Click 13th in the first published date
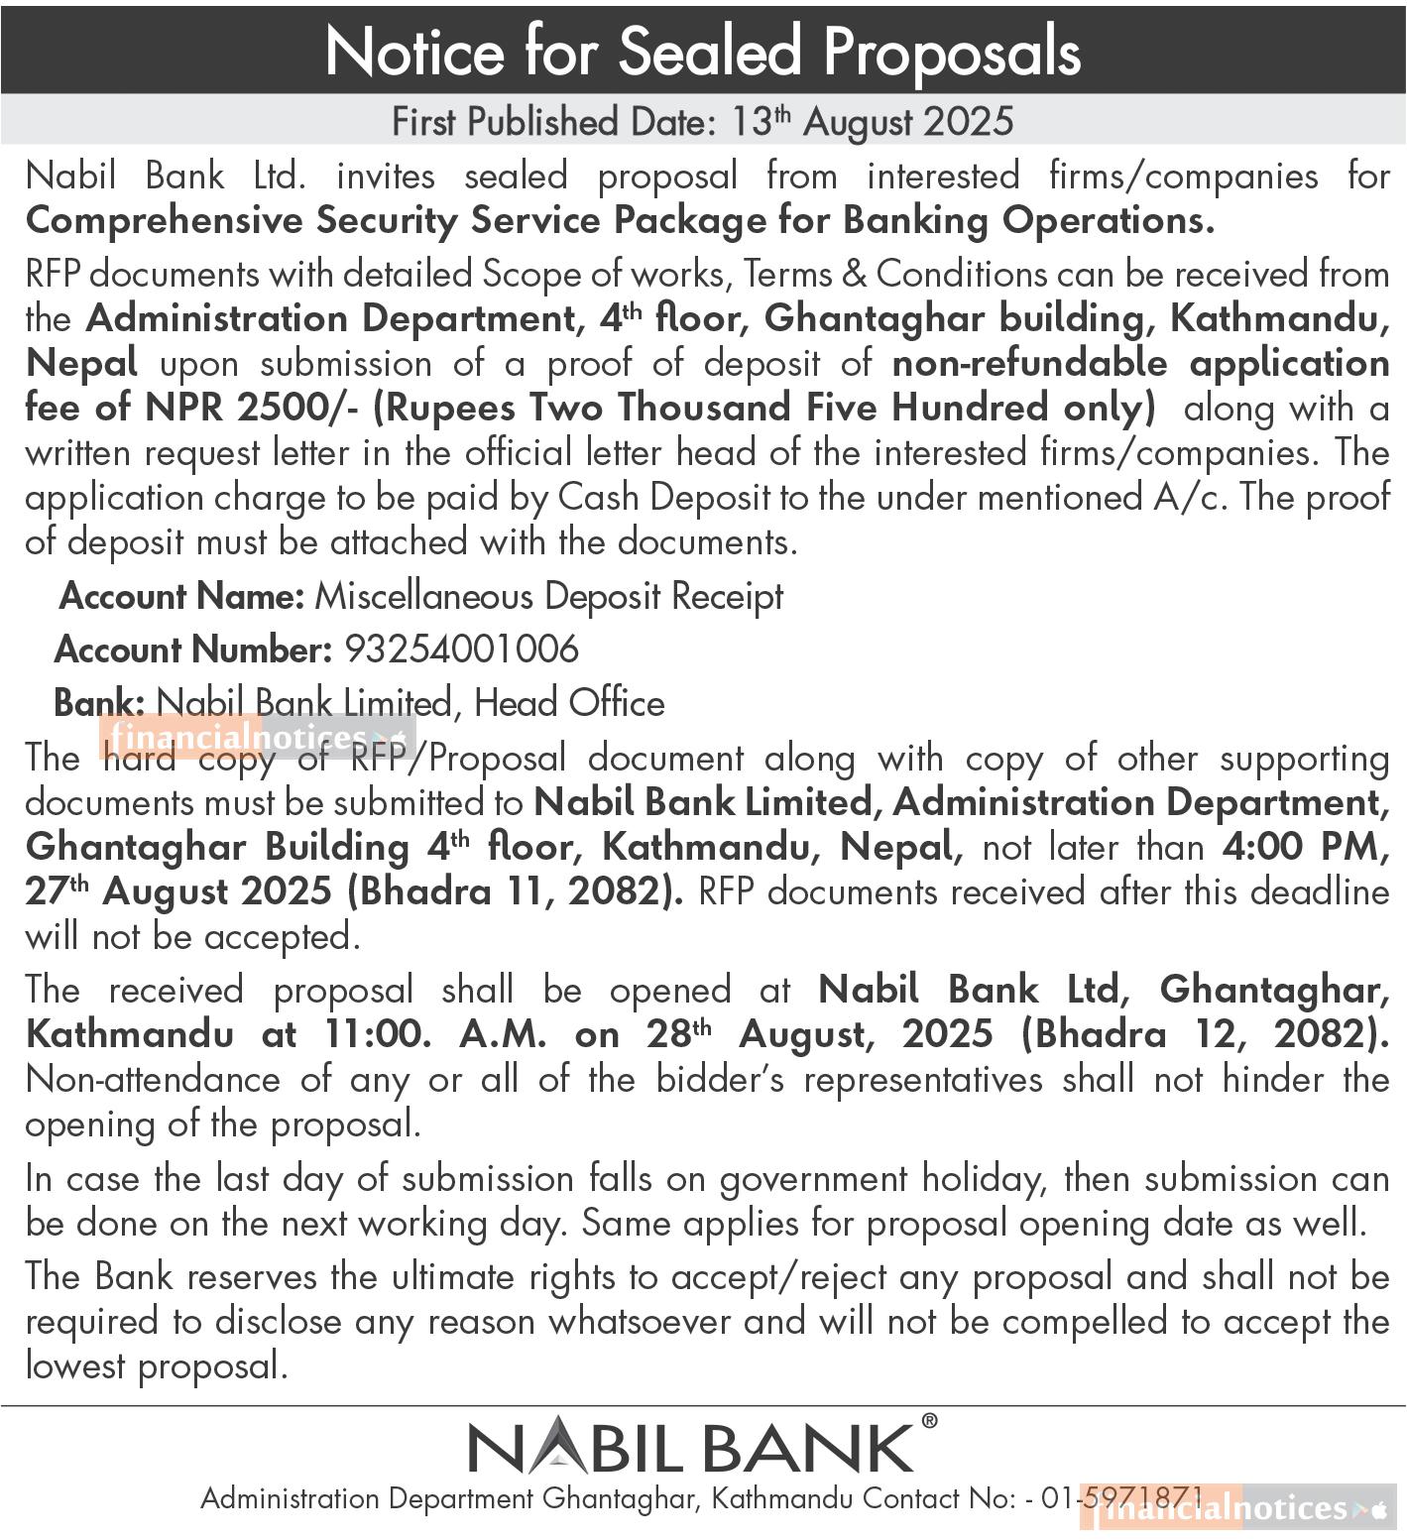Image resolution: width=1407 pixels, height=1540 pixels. point(760,122)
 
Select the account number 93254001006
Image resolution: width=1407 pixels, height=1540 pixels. point(461,650)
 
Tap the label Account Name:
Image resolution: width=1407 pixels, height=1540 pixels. point(181,596)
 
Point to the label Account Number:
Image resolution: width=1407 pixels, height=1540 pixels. point(192,650)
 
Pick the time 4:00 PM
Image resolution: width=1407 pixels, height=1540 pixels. point(1305,848)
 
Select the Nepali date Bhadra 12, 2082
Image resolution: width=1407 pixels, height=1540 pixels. point(1205,1034)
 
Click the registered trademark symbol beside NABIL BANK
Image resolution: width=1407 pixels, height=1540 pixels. point(928,1421)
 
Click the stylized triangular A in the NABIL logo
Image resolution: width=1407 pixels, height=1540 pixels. point(552,1447)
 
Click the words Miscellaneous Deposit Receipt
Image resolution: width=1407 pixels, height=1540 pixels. point(548,596)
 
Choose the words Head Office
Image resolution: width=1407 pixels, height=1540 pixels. point(569,703)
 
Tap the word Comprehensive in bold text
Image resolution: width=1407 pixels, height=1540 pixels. point(164,220)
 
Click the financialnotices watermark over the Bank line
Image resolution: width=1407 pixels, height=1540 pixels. point(258,738)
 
